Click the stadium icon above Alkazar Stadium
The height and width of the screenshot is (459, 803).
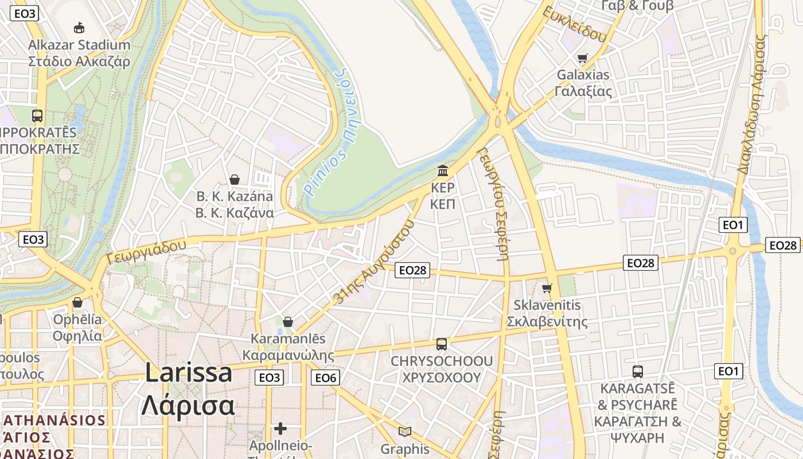coord(79,27)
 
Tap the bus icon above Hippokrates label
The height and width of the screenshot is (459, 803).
coord(37,115)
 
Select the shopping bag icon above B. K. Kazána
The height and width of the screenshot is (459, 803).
coord(235,180)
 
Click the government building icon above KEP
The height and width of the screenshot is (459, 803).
coord(443,170)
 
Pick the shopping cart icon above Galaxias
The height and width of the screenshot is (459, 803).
coord(583,58)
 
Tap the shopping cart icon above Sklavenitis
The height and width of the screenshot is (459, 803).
coord(547,287)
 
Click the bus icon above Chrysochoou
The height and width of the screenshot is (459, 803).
coord(441,344)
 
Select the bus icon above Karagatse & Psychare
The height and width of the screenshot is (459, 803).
coord(638,371)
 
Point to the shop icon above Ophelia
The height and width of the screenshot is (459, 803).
coord(77,302)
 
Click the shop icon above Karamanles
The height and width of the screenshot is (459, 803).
coord(288,322)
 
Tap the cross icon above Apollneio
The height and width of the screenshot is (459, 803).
coord(280,429)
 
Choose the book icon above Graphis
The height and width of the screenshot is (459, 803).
coord(405,431)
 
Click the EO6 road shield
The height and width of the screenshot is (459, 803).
coord(326,378)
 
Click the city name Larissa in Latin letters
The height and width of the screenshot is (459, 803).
coord(189,373)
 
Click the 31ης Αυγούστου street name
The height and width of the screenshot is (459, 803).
coord(373,262)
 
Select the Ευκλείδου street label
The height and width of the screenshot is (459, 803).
coord(574,24)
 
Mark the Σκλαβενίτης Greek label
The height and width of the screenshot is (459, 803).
coord(551,321)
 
